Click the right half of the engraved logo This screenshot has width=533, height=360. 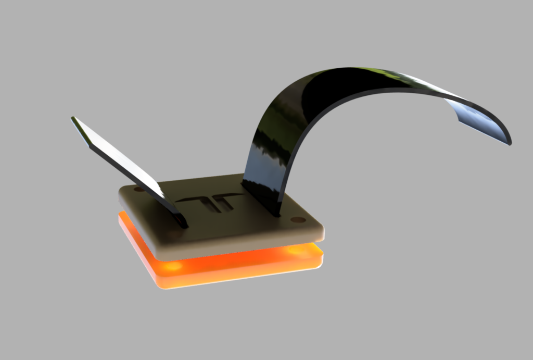pos(226,201)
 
